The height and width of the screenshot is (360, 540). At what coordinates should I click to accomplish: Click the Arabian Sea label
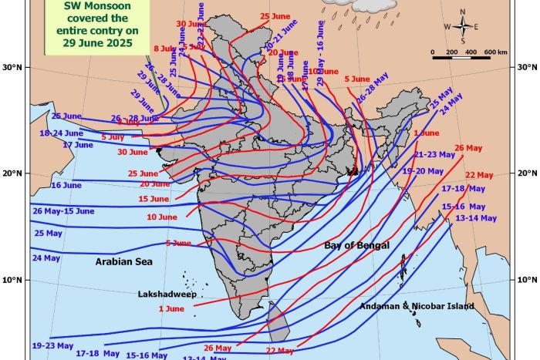coord(123,262)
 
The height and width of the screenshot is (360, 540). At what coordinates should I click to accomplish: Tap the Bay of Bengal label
coord(356,245)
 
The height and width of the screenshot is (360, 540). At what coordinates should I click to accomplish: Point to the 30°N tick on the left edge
coord(19,67)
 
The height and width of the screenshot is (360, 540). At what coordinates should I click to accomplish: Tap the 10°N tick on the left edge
coord(19,280)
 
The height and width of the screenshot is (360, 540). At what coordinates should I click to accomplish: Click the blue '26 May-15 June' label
coord(63,211)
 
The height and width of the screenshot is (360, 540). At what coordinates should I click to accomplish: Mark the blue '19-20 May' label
coord(424,170)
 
